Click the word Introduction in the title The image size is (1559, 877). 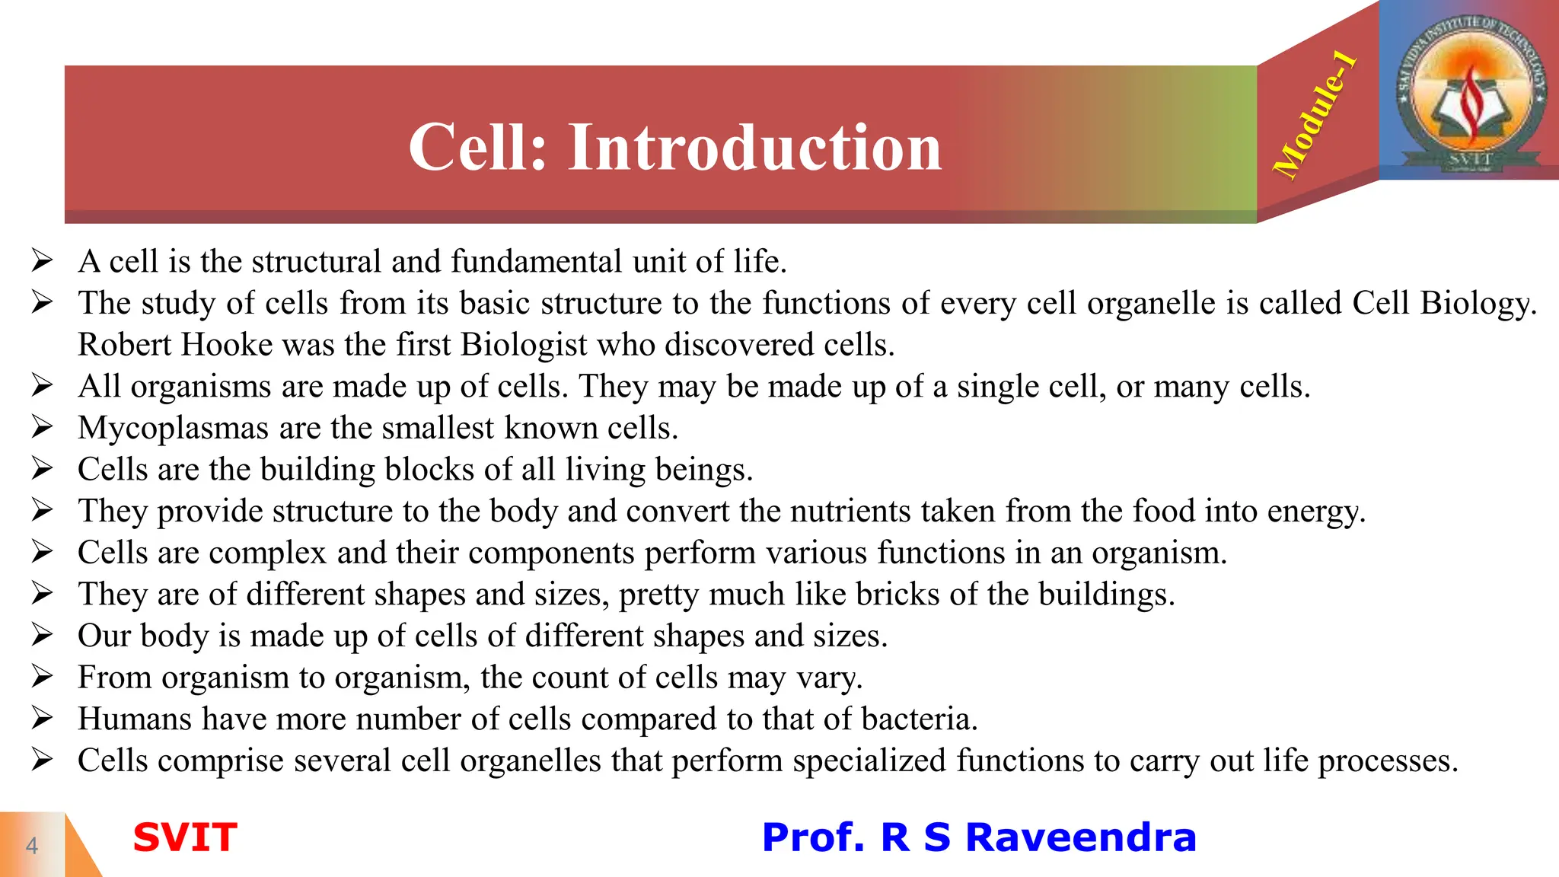coord(754,147)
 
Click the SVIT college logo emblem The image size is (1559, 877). coord(1469,90)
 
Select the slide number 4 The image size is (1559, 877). coord(32,845)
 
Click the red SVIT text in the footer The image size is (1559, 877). coord(185,837)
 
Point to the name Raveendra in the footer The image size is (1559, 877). coord(1080,837)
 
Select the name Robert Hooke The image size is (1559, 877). coord(175,345)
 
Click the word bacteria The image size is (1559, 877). coord(919,719)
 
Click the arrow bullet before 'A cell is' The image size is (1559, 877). coord(42,261)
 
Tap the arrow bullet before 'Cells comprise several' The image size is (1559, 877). coord(42,761)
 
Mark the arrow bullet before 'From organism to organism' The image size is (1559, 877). coord(42,677)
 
